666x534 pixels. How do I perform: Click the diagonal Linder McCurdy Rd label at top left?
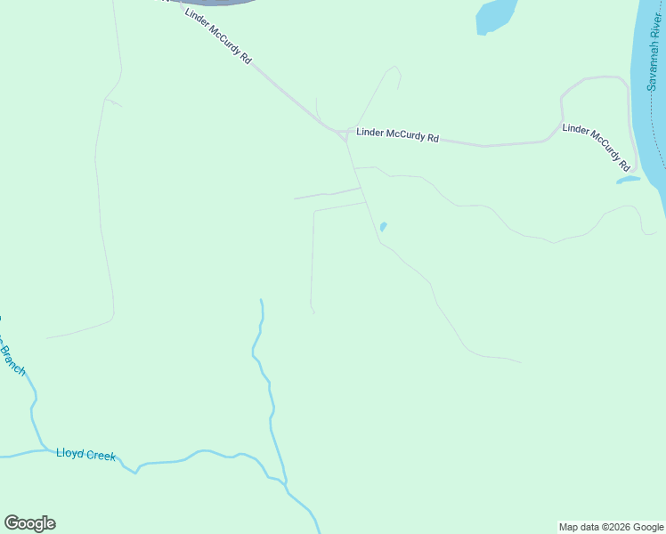(218, 36)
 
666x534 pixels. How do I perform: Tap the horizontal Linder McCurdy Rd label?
(398, 136)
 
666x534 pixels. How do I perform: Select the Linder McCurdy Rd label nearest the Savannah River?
(597, 147)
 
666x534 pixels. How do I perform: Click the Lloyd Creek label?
(85, 455)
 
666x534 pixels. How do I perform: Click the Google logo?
(29, 523)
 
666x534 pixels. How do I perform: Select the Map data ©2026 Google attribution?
(611, 527)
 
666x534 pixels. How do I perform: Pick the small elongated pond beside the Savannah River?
(628, 180)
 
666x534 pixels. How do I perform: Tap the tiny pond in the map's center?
(383, 227)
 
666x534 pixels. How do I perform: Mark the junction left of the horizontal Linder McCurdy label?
(345, 133)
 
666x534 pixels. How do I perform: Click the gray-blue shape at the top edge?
(214, 3)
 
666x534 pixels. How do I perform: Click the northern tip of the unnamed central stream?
(260, 300)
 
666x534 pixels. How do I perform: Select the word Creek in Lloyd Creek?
(101, 455)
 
